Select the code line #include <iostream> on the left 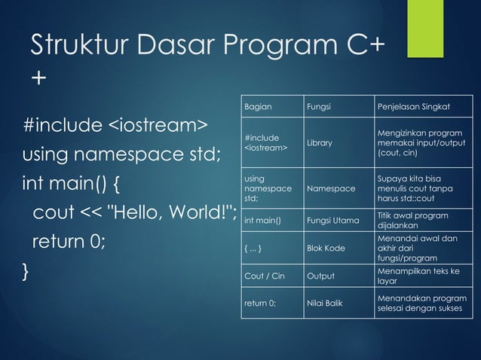tap(115, 124)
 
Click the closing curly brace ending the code tap(27, 272)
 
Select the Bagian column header tap(259, 106)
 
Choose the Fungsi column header tap(318, 106)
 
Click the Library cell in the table tap(319, 142)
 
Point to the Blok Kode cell tap(326, 248)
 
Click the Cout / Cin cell tap(264, 276)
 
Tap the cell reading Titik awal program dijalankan tap(415, 221)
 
